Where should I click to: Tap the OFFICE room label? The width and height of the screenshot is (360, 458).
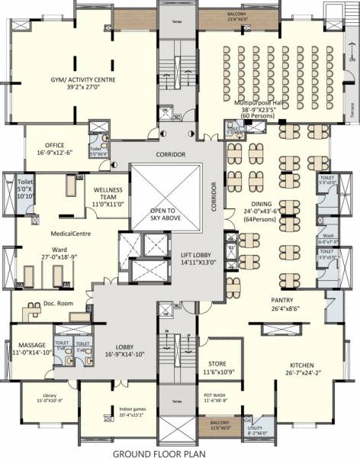tap(55, 144)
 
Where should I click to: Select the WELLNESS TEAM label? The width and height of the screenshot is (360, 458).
tap(108, 189)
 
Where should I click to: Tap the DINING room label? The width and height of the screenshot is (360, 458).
tap(262, 204)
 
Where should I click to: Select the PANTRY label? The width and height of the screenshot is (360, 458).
tap(282, 301)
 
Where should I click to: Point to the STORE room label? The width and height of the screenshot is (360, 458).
tap(218, 363)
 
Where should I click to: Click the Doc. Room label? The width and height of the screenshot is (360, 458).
tap(58, 304)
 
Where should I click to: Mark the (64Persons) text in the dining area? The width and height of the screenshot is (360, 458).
tap(262, 219)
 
